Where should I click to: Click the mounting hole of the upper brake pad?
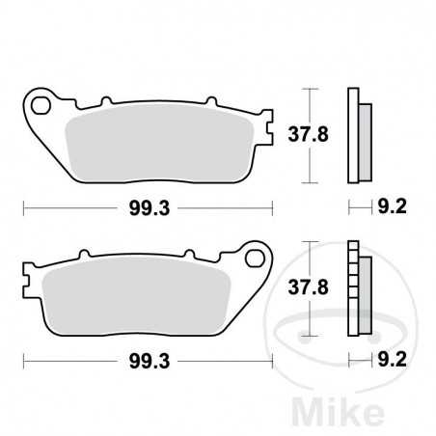[41, 100]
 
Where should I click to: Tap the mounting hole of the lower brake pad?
[256, 259]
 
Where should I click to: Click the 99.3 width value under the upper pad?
[146, 206]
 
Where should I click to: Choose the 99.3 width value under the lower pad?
[146, 361]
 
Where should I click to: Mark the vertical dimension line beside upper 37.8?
[308, 135]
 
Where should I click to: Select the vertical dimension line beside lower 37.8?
[308, 287]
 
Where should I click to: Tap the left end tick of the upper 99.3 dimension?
[24, 206]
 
